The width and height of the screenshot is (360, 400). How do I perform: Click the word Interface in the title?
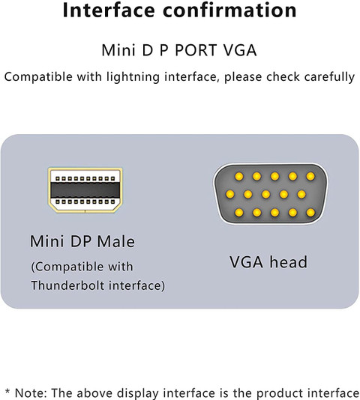point(109,10)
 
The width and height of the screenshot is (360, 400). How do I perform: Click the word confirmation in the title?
point(229,10)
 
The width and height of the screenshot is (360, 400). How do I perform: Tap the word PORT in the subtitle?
point(196,50)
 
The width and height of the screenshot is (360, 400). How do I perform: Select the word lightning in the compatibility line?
point(133,77)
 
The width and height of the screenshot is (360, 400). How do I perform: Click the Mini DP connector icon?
point(85,190)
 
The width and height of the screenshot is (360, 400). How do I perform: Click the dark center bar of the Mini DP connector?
point(85,190)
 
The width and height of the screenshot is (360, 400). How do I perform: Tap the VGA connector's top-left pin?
point(239,176)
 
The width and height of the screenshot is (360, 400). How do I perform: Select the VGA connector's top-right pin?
point(310,176)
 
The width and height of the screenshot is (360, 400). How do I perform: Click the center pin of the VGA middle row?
point(265,194)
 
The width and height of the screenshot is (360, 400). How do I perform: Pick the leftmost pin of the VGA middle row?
point(230,194)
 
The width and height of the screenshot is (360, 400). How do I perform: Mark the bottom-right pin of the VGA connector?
point(310,212)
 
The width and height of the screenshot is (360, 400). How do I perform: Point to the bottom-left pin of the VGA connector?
point(239,212)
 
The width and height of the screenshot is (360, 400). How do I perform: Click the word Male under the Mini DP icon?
point(116,241)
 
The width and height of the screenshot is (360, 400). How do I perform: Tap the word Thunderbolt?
point(68,285)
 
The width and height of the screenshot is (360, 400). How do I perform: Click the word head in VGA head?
point(289,262)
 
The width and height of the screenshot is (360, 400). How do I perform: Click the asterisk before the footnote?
point(7,392)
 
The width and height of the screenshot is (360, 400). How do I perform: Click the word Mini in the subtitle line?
point(118,50)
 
